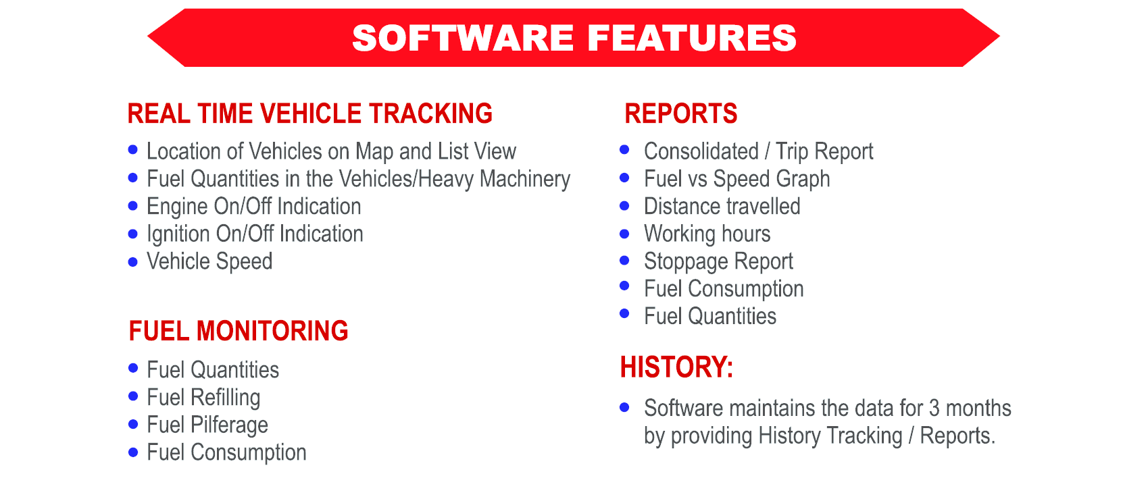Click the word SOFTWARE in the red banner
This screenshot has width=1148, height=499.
[463, 38]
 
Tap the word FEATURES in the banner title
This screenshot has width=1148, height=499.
[692, 38]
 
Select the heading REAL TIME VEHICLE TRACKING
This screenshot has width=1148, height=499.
[309, 113]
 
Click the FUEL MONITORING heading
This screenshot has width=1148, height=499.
[239, 331]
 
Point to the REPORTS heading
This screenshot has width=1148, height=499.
[680, 113]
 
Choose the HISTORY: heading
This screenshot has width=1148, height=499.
[676, 367]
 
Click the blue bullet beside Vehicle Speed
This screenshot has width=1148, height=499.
[132, 262]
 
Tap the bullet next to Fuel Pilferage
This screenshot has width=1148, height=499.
[133, 424]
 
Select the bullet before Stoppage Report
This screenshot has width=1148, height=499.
[624, 260]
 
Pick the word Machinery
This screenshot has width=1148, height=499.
[525, 180]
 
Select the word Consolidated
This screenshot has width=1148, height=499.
[701, 152]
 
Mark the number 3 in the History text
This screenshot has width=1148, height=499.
[934, 409]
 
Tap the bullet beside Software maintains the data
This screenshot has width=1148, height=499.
[624, 407]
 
